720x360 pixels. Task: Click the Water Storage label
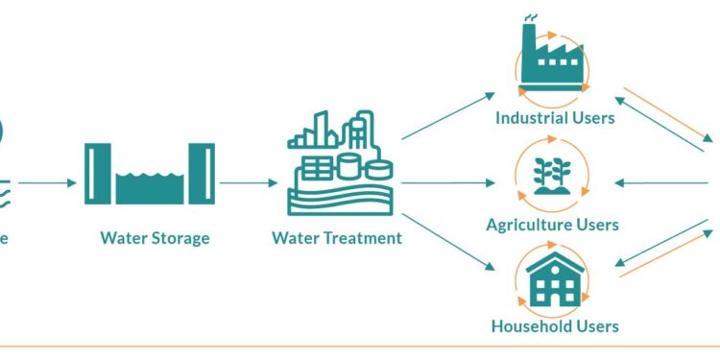coord(155,237)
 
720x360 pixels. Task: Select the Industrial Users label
coord(555,118)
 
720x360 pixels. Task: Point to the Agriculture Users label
coord(552,225)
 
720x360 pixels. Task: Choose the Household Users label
coord(555,325)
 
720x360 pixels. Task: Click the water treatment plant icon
coord(341,162)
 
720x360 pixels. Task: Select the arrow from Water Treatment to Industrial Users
coord(447,117)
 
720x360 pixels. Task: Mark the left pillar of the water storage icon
coord(92,174)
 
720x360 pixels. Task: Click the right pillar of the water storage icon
coord(206,174)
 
